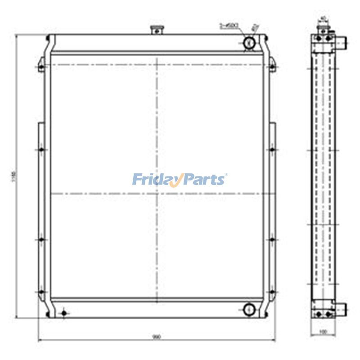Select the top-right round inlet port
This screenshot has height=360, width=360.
249,43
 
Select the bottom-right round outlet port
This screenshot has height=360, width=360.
249,309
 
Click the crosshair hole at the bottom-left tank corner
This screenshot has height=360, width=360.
63,313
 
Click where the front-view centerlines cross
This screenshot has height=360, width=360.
157,193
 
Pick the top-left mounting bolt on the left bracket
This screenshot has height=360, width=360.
41,68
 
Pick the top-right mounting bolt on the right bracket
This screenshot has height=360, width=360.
272,68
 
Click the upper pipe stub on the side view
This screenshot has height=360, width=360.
342,43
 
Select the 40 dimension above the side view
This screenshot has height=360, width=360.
323,19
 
